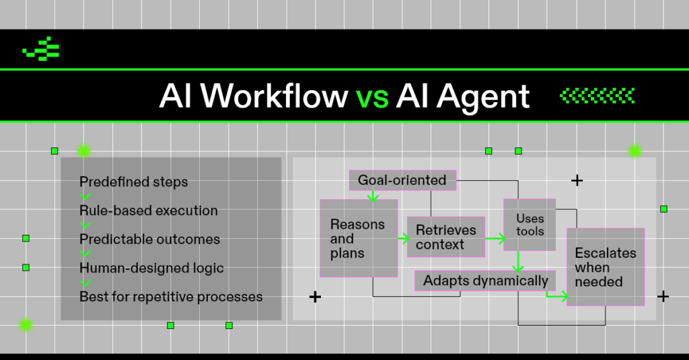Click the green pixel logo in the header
pos(41,48)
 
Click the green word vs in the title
pos(372,96)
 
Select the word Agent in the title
pos(483,98)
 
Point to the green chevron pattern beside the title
pos(597,96)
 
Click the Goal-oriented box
pos(402,180)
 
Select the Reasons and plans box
pos(359,238)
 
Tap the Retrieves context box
pos(446,237)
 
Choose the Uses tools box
pos(530,225)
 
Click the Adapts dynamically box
pos(485,281)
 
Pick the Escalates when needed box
pos(606,267)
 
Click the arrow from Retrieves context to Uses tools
pos(495,238)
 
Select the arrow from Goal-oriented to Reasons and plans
pos(373,196)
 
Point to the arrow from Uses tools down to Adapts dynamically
pos(519,262)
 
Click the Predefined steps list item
pos(134,182)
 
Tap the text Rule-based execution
pos(149,211)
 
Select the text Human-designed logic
pos(151,268)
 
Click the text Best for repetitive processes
pos(171,297)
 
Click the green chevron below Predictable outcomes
pos(85,254)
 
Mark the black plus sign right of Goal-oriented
pos(577,180)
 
